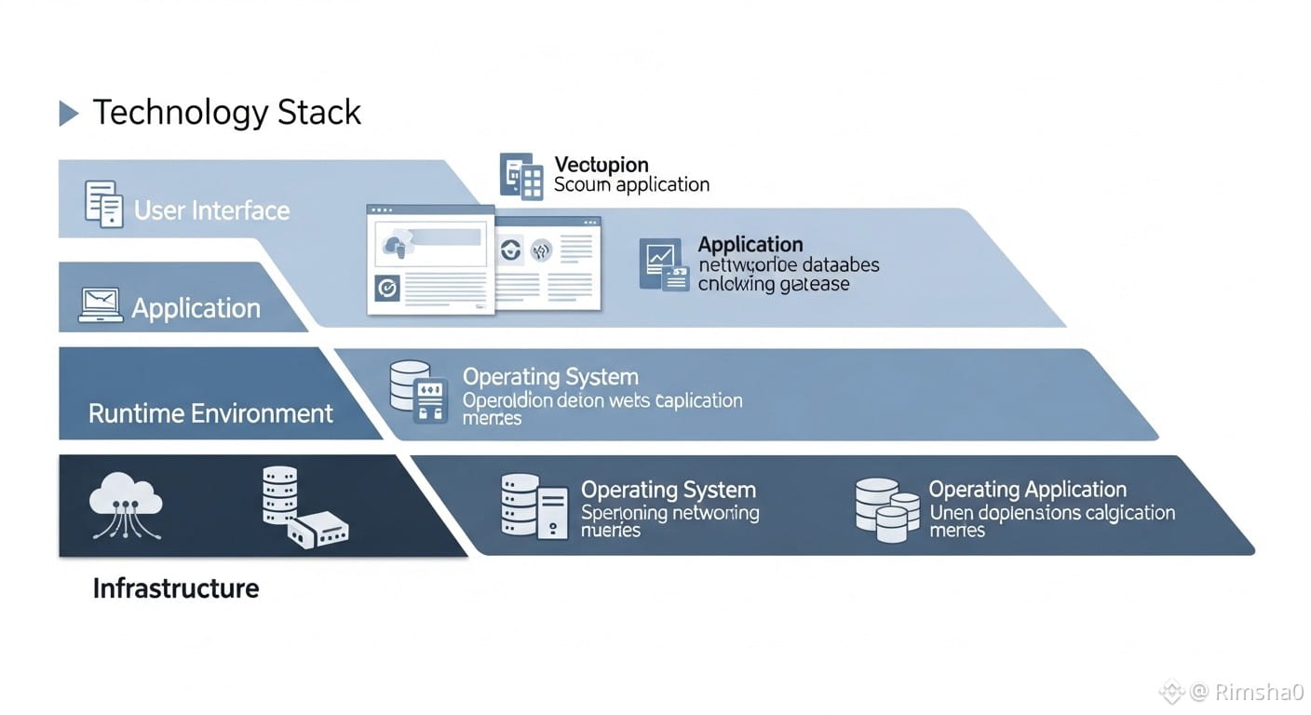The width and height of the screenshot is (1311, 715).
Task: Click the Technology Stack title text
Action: [x=226, y=113]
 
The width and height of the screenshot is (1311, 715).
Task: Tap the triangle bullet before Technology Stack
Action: [x=69, y=114]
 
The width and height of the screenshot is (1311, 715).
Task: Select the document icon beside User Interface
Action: [x=103, y=204]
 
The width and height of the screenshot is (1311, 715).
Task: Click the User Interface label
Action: [x=211, y=210]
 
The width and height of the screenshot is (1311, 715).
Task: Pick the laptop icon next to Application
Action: [x=101, y=305]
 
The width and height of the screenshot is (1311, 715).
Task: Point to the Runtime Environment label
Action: [x=210, y=413]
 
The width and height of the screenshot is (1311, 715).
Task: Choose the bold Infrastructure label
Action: [x=176, y=588]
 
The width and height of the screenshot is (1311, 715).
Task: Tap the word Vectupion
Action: [x=601, y=165]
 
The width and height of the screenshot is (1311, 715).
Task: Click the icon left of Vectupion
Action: [x=521, y=175]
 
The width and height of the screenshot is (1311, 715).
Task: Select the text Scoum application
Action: [x=631, y=184]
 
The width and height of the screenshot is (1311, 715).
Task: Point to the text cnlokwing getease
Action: [x=773, y=284]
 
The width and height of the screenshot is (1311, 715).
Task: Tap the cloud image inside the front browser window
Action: [x=395, y=246]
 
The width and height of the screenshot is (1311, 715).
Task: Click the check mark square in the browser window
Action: [x=386, y=289]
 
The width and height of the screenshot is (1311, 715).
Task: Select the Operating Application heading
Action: [x=1027, y=490]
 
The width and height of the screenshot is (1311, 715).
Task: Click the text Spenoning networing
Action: [x=669, y=512]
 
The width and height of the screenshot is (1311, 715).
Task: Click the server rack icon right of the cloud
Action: [x=279, y=495]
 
